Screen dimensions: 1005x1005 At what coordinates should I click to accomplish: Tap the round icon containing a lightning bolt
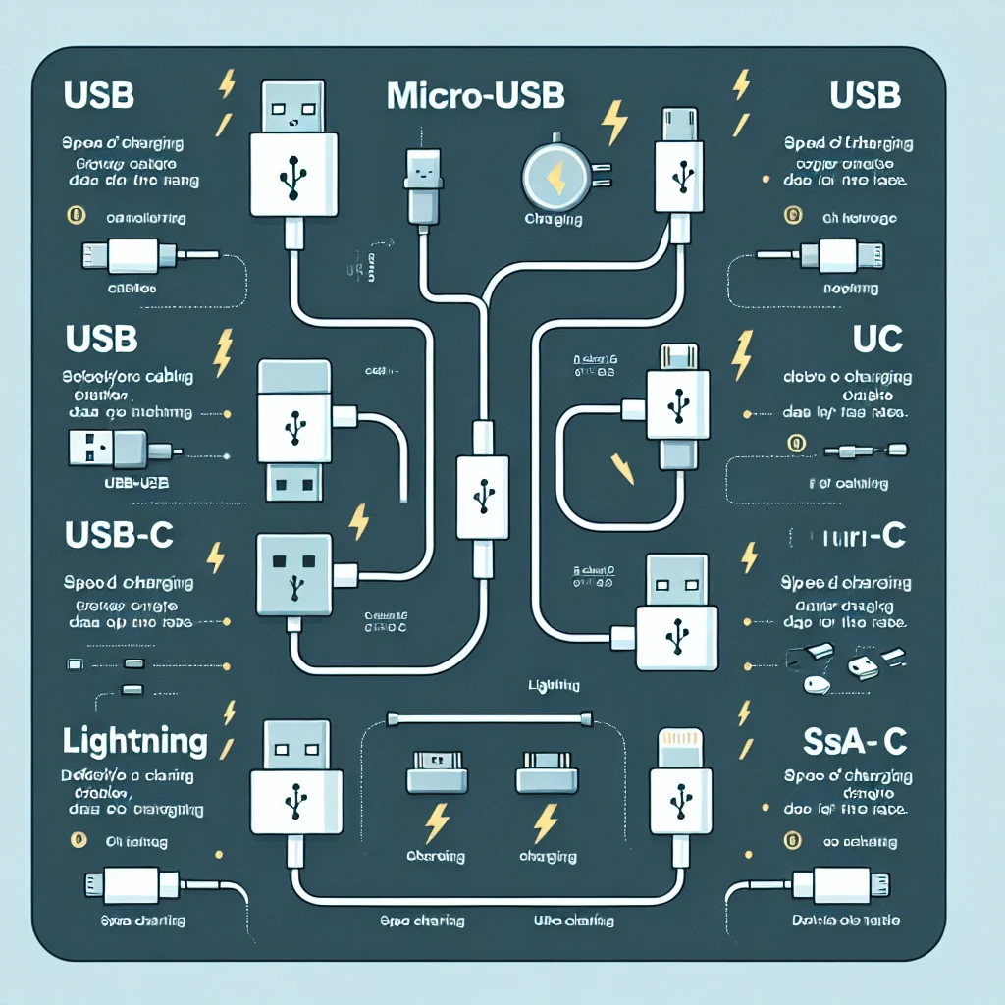[x=554, y=177]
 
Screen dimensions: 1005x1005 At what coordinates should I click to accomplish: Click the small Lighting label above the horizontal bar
[x=553, y=685]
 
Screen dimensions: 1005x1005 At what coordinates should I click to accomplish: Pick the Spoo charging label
[x=422, y=921]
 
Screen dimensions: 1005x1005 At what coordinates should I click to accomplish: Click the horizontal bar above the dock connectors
[x=490, y=717]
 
